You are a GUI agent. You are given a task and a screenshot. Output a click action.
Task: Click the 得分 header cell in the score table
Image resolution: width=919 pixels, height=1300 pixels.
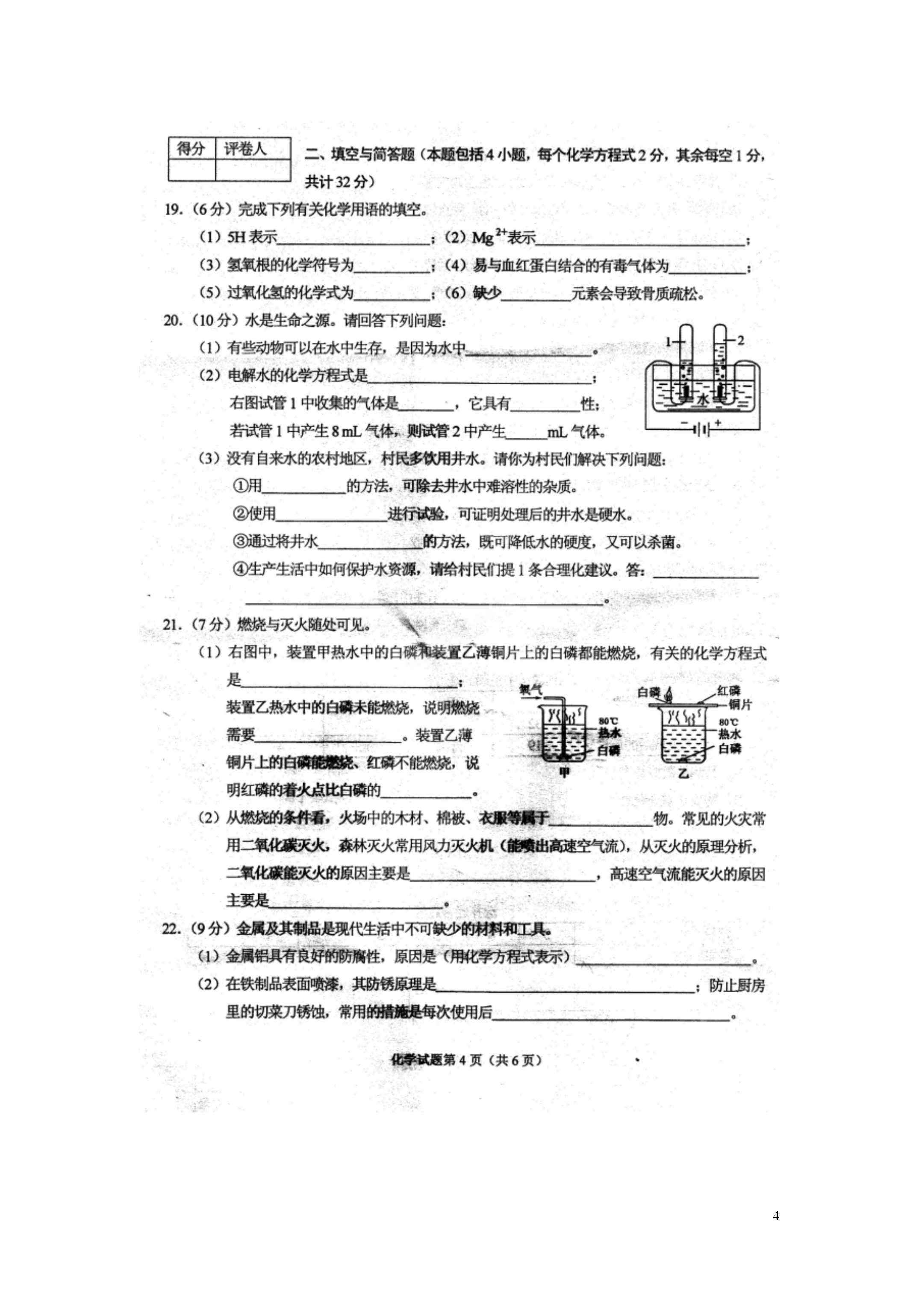pos(191,150)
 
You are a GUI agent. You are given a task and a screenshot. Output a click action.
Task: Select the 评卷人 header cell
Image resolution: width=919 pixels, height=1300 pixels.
pos(244,150)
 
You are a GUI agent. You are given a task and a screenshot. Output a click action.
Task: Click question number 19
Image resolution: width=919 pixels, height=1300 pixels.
pos(172,209)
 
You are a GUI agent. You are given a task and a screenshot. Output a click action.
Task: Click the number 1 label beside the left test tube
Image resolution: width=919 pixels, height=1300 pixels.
pos(669,342)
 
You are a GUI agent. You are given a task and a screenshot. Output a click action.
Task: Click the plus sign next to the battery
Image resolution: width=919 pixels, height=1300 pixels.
pos(718,422)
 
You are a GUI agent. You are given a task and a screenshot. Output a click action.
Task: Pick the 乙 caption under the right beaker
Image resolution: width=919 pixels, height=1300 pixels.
pos(684,773)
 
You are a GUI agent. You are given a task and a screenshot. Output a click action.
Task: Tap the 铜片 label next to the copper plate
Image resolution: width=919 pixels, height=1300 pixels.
pos(740,705)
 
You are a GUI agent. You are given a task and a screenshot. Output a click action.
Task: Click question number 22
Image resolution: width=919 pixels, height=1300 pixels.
pos(171,929)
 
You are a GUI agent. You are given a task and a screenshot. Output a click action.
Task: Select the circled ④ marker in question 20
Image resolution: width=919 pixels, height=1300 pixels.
pos(239,569)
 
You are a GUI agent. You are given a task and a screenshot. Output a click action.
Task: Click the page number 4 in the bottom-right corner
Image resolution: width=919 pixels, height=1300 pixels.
pos(776,1216)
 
